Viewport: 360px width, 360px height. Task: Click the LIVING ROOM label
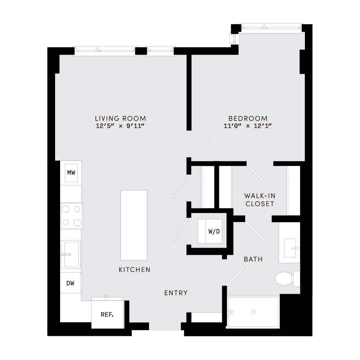click(x=121, y=118)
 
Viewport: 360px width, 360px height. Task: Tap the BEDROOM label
click(x=248, y=118)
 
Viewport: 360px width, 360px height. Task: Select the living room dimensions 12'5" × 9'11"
click(x=121, y=126)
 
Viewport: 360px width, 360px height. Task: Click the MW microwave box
click(x=71, y=173)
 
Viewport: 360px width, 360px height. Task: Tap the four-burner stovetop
click(x=72, y=216)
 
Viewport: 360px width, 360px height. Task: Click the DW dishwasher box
click(x=71, y=283)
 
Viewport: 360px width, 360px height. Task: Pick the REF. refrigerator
click(x=107, y=314)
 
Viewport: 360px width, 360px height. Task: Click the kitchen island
click(x=134, y=225)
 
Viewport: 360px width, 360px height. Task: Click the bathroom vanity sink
click(x=290, y=248)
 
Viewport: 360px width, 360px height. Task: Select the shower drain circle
click(x=253, y=312)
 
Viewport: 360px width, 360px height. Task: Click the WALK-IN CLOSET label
click(x=259, y=200)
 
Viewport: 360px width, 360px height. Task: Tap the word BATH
click(x=253, y=259)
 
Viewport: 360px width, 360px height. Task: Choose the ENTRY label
click(x=176, y=293)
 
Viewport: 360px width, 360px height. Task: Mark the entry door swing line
click(x=169, y=312)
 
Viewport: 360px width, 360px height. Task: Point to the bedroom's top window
click(x=270, y=27)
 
